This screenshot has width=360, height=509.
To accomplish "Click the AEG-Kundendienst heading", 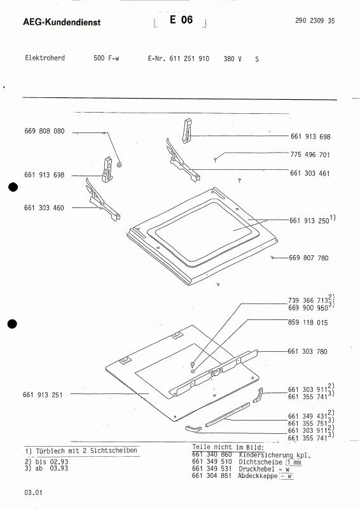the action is click(62, 22).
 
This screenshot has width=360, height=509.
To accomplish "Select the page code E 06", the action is click(181, 20).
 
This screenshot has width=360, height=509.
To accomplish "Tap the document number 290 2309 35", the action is click(315, 20).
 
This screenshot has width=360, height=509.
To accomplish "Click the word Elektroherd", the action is click(45, 58).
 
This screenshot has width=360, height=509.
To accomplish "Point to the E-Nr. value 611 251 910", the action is click(190, 59).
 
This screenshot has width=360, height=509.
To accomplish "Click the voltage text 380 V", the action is click(232, 59).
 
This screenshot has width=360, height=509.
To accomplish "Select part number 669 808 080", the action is click(45, 131).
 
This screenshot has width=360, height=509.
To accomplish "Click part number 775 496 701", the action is click(310, 155).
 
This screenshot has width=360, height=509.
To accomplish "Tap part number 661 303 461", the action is click(310, 173).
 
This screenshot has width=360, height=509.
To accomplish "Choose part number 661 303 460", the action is click(44, 208).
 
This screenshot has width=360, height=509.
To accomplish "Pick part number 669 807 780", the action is click(308, 258).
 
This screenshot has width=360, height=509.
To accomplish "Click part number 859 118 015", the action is click(308, 323).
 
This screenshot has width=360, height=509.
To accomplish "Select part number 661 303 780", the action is click(307, 351).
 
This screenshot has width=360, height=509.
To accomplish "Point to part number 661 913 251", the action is click(43, 394).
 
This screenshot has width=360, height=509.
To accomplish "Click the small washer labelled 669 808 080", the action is click(119, 165).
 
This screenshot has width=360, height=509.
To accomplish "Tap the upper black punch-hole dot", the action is click(13, 187).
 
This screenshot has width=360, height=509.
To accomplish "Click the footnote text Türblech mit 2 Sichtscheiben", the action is click(87, 450).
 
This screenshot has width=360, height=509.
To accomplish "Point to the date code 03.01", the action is click(33, 492).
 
